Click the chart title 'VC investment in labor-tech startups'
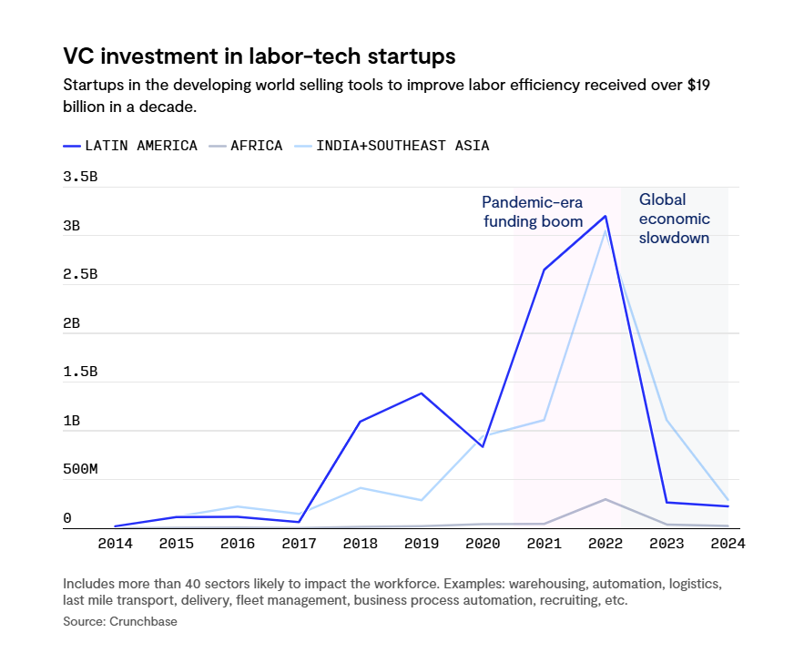(x=259, y=56)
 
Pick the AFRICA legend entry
(x=246, y=146)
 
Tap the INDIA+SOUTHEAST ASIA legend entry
(x=402, y=146)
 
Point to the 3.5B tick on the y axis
(x=80, y=177)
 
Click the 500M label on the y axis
(x=80, y=469)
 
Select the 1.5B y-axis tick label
(x=80, y=372)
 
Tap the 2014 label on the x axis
(x=116, y=544)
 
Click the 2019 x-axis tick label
(x=422, y=544)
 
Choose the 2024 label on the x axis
(x=728, y=544)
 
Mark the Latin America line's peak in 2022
(x=606, y=216)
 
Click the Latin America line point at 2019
(x=422, y=393)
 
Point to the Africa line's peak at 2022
(x=606, y=499)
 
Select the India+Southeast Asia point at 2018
(x=361, y=488)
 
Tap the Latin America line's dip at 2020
(x=483, y=447)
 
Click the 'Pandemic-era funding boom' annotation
(x=532, y=211)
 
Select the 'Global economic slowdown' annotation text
(x=674, y=219)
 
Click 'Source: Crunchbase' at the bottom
(x=120, y=621)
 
